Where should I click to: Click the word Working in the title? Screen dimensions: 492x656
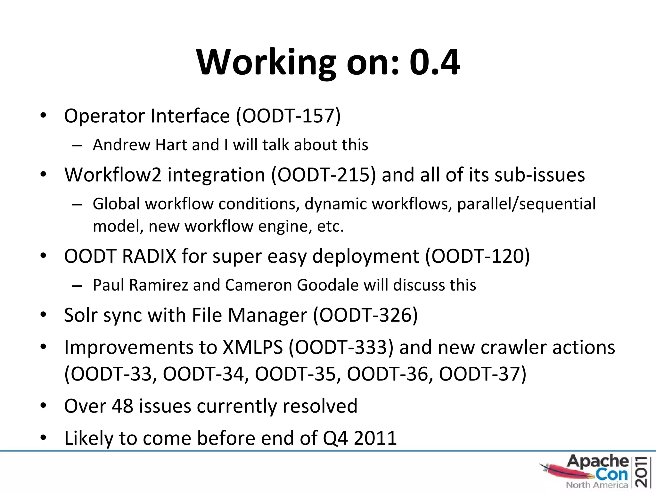(266, 62)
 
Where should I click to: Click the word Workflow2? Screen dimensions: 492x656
(113, 175)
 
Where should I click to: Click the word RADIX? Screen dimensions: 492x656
(149, 256)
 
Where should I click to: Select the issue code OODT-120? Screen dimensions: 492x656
(477, 256)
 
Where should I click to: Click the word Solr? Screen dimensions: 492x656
(81, 315)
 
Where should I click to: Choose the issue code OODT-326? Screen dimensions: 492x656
(365, 315)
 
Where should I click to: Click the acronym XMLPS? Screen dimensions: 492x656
(253, 347)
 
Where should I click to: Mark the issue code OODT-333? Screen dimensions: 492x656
(340, 347)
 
